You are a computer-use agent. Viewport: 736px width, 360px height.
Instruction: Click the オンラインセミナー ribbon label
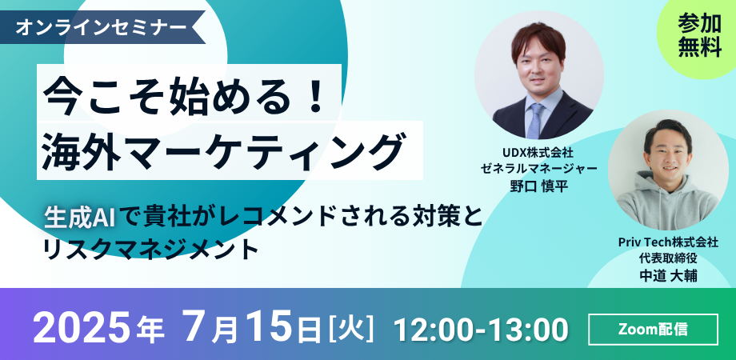click(x=101, y=28)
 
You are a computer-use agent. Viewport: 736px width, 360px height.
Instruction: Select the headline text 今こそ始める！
click(x=184, y=96)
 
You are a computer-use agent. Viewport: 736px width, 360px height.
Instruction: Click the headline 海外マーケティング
click(x=223, y=150)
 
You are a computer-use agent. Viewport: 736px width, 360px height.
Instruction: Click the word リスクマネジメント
click(x=150, y=250)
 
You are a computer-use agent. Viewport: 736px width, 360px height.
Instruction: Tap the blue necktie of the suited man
click(x=534, y=121)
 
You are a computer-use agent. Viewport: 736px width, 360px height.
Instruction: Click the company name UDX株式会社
click(x=538, y=153)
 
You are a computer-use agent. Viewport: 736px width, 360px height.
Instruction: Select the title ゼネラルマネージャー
click(x=538, y=169)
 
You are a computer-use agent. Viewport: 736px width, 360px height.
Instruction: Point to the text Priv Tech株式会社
click(x=668, y=242)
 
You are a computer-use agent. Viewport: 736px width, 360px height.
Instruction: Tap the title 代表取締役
click(x=668, y=258)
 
